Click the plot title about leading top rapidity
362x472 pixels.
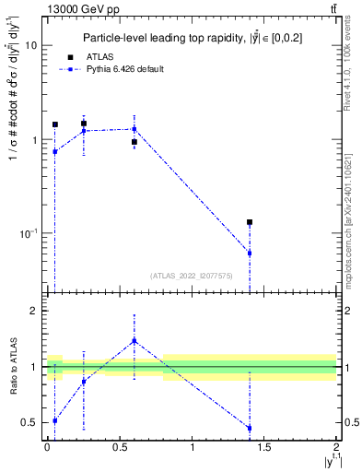coord(193,37)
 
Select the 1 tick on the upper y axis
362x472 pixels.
coord(34,140)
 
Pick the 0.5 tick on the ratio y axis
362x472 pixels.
coord(30,423)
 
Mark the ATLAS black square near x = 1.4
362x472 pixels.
coord(250,222)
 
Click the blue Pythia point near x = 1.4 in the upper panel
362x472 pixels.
coord(250,253)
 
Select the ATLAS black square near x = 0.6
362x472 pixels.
coord(134,142)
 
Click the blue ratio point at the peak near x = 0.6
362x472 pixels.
coord(134,340)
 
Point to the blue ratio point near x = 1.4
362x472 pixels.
coord(250,428)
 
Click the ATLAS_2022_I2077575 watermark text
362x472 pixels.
coord(192,275)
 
